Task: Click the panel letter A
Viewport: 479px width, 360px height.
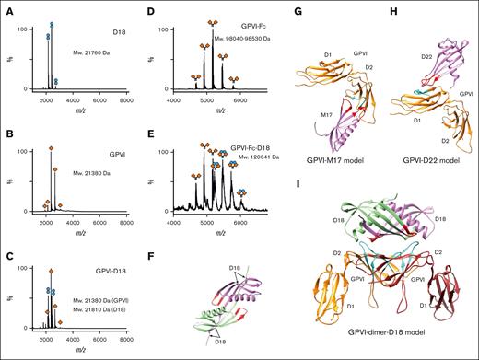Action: pyautogui.click(x=6, y=8)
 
